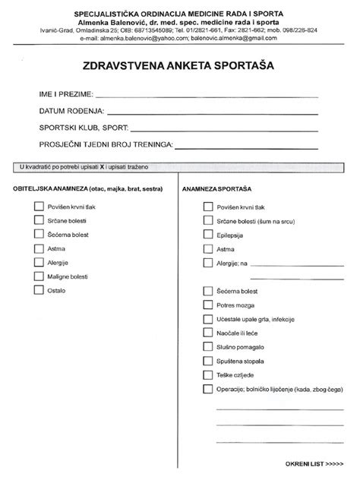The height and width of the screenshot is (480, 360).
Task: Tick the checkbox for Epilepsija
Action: pyautogui.click(x=207, y=235)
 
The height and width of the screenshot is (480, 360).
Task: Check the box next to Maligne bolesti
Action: pyautogui.click(x=39, y=276)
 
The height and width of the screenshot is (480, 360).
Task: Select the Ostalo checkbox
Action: pyautogui.click(x=39, y=290)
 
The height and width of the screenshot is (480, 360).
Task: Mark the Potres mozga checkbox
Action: pyautogui.click(x=207, y=304)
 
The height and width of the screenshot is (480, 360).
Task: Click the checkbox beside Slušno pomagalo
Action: pyautogui.click(x=207, y=346)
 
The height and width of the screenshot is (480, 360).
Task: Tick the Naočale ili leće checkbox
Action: pyautogui.click(x=207, y=333)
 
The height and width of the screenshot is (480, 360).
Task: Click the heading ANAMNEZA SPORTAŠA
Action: pyautogui.click(x=217, y=188)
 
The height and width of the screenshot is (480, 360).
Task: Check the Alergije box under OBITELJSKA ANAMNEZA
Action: pyautogui.click(x=39, y=262)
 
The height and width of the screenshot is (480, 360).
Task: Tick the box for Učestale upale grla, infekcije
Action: pyautogui.click(x=207, y=318)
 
